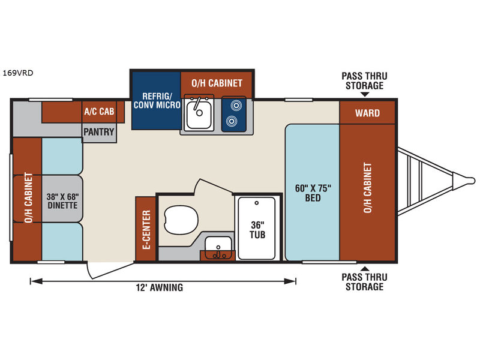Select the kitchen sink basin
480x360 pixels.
click(x=198, y=115)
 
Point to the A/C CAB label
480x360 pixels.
click(x=99, y=111)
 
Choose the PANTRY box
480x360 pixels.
click(x=99, y=132)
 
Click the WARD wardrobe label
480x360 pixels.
click(x=367, y=112)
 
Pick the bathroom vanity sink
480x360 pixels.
click(x=217, y=247)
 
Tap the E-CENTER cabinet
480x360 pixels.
click(x=146, y=229)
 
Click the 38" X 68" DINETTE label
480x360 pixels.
click(x=62, y=200)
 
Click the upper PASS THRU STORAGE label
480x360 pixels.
click(x=363, y=80)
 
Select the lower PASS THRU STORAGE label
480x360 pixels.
click(x=363, y=282)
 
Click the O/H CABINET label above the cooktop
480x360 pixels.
click(x=217, y=83)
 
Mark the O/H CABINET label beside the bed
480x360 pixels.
click(x=368, y=187)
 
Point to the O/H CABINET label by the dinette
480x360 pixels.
click(x=28, y=199)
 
